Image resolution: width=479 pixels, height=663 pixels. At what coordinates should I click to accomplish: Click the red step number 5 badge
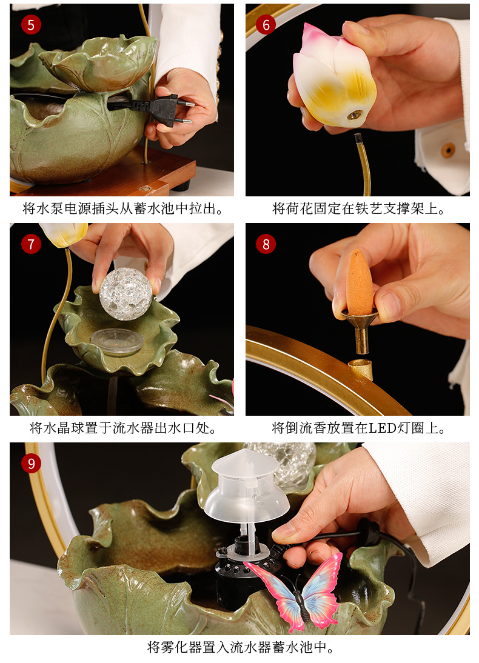pos(31,24)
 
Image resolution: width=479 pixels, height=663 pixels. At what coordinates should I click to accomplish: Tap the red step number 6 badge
pos(266,25)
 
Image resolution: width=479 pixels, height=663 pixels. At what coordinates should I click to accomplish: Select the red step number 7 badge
pos(31,244)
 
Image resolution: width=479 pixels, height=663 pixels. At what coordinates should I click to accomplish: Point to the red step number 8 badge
pos(266,244)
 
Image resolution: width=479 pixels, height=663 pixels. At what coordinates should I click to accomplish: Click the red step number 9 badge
pos(31,464)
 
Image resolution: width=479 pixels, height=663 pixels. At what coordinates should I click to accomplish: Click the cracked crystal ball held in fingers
pos(126,293)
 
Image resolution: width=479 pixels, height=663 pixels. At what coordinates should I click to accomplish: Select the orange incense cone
pos(359,282)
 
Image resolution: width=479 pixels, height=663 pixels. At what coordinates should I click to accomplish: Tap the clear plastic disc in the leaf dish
pos(117,341)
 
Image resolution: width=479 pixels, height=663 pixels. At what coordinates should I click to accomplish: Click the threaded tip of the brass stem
pos(358,139)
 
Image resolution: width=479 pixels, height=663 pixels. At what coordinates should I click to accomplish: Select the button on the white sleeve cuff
pos(448,149)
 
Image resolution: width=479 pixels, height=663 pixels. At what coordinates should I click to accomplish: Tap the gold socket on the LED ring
pos(361,369)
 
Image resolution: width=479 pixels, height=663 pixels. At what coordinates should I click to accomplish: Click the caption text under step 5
pos(122,208)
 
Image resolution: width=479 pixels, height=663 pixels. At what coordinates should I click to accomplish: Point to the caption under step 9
pos(240,647)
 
